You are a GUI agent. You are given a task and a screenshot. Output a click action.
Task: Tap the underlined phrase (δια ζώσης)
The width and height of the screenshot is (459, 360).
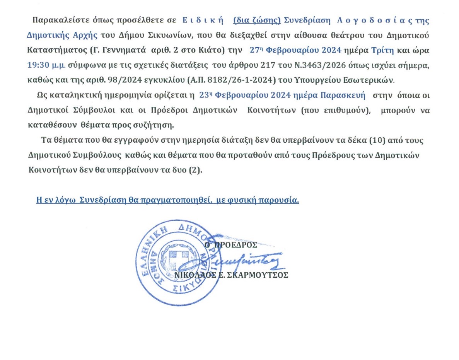pyautogui.click(x=257, y=20)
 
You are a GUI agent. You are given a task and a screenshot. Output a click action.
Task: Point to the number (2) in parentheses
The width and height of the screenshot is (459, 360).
pyautogui.click(x=195, y=170)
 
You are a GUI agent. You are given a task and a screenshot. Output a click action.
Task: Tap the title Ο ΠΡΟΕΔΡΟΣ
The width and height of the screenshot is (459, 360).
pyautogui.click(x=231, y=245)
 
